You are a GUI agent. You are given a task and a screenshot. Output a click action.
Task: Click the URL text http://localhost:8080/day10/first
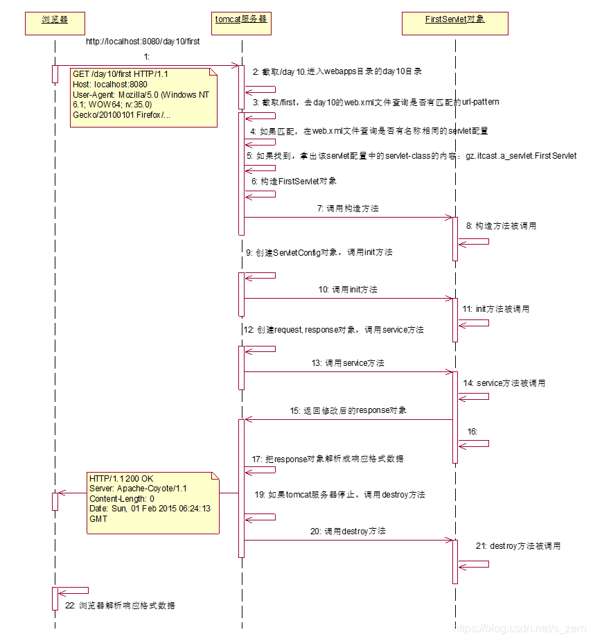pos(143,42)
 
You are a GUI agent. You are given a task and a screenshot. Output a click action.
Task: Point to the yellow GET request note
pos(142,96)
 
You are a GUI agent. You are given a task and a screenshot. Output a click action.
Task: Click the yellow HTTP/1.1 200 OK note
pos(152,502)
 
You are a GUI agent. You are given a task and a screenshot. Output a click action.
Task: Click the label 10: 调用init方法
pos(348,289)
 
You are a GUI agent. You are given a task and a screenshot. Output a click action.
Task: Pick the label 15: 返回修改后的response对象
pos(348,410)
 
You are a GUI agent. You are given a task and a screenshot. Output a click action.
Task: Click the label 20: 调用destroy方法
pos(348,531)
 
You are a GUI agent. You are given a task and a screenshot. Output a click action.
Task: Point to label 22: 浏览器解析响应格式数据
pos(120,606)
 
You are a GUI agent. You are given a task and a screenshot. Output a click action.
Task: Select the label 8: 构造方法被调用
pos(501,226)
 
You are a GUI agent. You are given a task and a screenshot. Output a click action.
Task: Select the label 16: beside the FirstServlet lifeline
pos(472,432)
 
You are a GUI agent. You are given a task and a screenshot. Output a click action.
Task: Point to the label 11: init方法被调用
pos(497,309)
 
